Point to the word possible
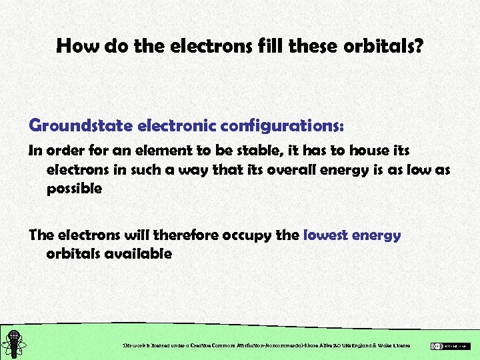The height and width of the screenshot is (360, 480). (74, 189)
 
